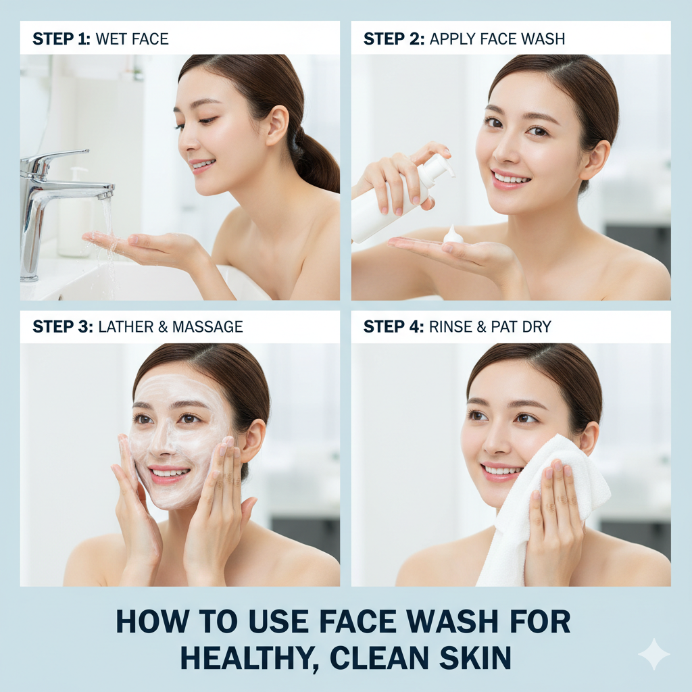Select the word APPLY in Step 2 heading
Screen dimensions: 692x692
[x=451, y=39]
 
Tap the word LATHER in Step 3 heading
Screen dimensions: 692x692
[x=126, y=327]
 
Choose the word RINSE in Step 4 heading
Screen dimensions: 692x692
[x=451, y=327]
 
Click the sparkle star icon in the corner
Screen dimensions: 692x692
[x=653, y=654]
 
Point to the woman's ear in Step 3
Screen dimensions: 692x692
[x=253, y=439]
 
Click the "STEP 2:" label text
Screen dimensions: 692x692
[x=393, y=39]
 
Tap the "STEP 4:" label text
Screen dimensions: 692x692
[x=393, y=327]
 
